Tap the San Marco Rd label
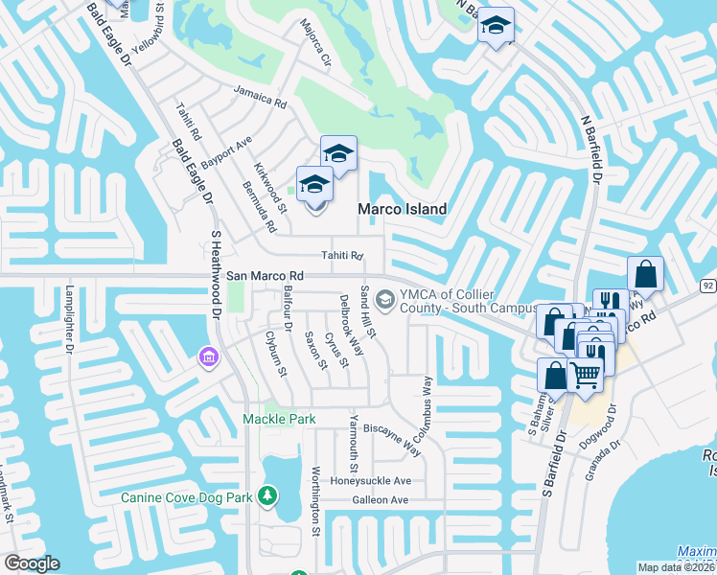[265, 275]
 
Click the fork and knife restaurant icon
[610, 304]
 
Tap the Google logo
[32, 563]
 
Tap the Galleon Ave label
[379, 500]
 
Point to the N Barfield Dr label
[592, 150]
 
